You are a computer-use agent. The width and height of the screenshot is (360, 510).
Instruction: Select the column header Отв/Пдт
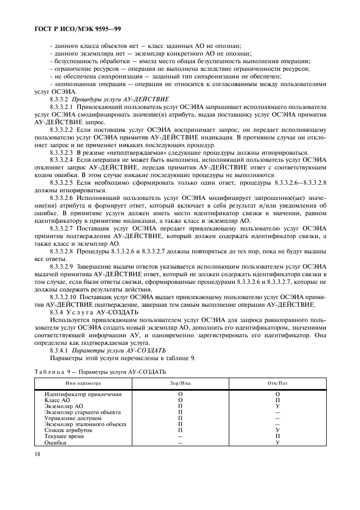click(277, 384)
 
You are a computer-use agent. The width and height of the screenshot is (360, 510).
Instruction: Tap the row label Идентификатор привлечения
click(83, 394)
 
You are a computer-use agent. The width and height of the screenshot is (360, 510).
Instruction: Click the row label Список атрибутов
click(69, 430)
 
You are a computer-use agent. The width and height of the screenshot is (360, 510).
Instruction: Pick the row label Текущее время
click(66, 436)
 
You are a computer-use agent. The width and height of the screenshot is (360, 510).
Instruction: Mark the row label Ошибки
click(56, 443)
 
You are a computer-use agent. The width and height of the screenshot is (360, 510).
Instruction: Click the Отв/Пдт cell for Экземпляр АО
click(277, 406)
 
